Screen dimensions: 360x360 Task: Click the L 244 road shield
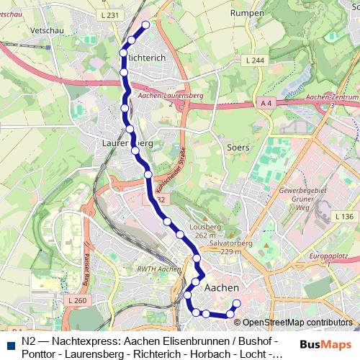[255, 60]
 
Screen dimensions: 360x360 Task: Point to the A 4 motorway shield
[266, 104]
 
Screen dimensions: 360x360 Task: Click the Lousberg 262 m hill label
[205, 230]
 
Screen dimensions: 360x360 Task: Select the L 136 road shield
[344, 216]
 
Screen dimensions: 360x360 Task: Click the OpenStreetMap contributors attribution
[296, 323]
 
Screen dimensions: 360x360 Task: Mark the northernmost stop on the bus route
[146, 24]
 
